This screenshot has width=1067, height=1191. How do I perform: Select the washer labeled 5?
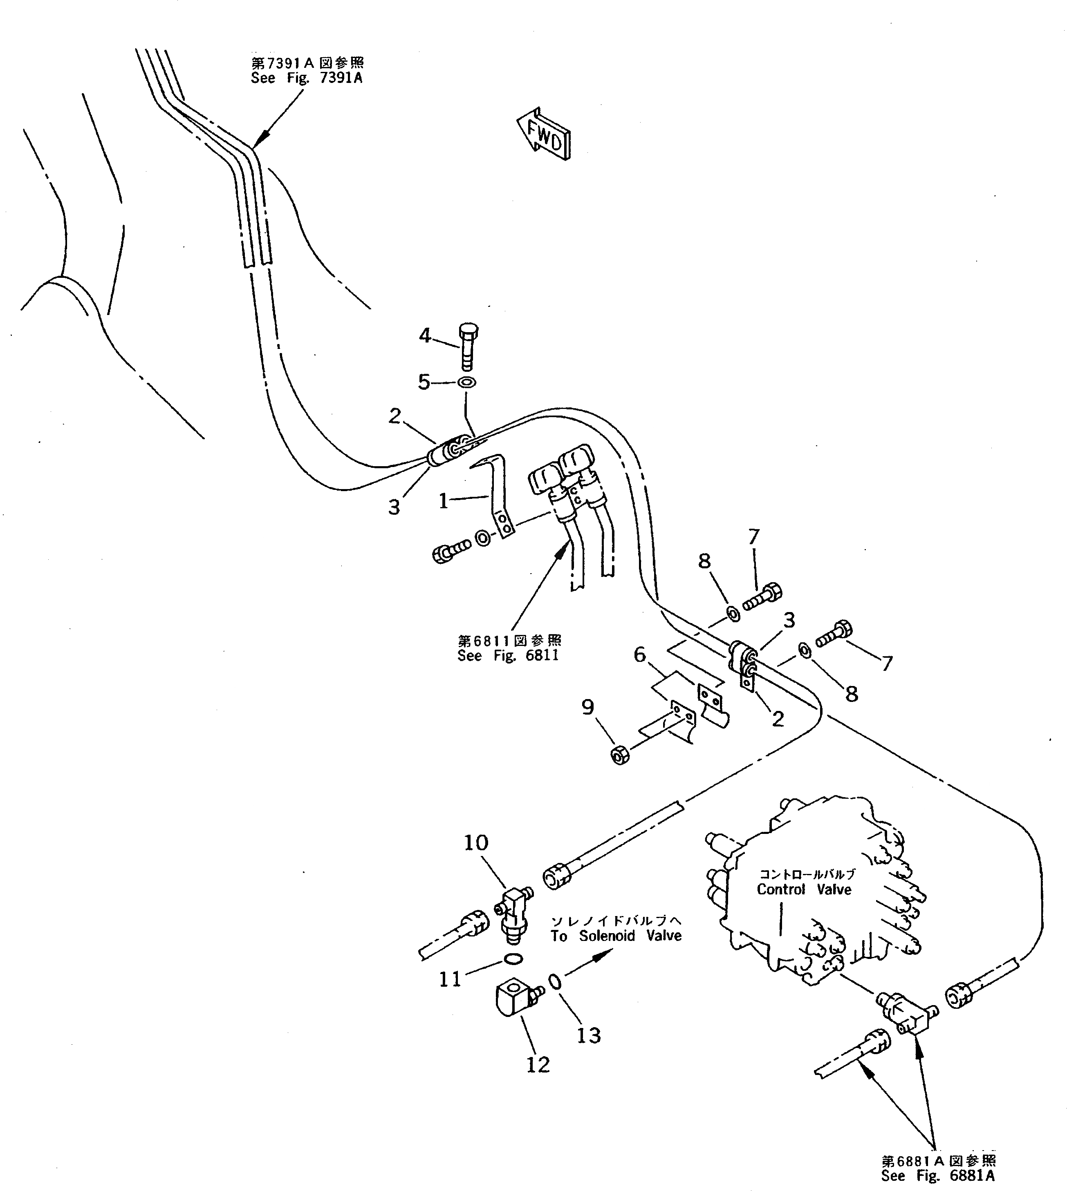(467, 382)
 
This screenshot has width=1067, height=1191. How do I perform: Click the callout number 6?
(640, 655)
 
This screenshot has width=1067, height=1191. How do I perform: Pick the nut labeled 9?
(620, 756)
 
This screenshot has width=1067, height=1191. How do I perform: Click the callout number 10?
(476, 843)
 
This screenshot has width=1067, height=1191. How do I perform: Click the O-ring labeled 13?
(555, 980)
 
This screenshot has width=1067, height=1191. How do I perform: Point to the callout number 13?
(589, 1036)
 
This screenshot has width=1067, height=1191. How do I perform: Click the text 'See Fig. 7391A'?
(307, 78)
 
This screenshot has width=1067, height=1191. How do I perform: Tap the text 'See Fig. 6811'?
(508, 655)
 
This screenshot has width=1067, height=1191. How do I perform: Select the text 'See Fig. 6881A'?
(937, 1175)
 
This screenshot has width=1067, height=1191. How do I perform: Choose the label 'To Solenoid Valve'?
(616, 936)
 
